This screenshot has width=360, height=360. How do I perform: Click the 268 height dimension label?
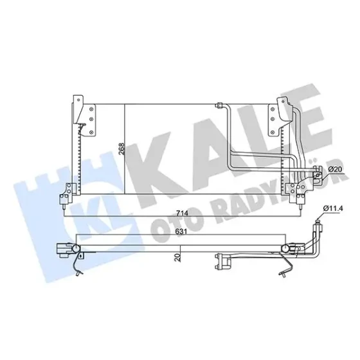122,149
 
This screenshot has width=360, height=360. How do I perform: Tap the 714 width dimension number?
182,213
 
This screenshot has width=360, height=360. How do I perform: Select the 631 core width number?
181,232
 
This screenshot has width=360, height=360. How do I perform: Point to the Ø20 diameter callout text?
335,169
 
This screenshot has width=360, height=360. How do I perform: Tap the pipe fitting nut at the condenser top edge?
218,105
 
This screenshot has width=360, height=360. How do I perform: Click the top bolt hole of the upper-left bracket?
78,100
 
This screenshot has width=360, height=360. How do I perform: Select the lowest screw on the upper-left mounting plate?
91,132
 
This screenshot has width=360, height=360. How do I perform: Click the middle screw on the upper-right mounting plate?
273,119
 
